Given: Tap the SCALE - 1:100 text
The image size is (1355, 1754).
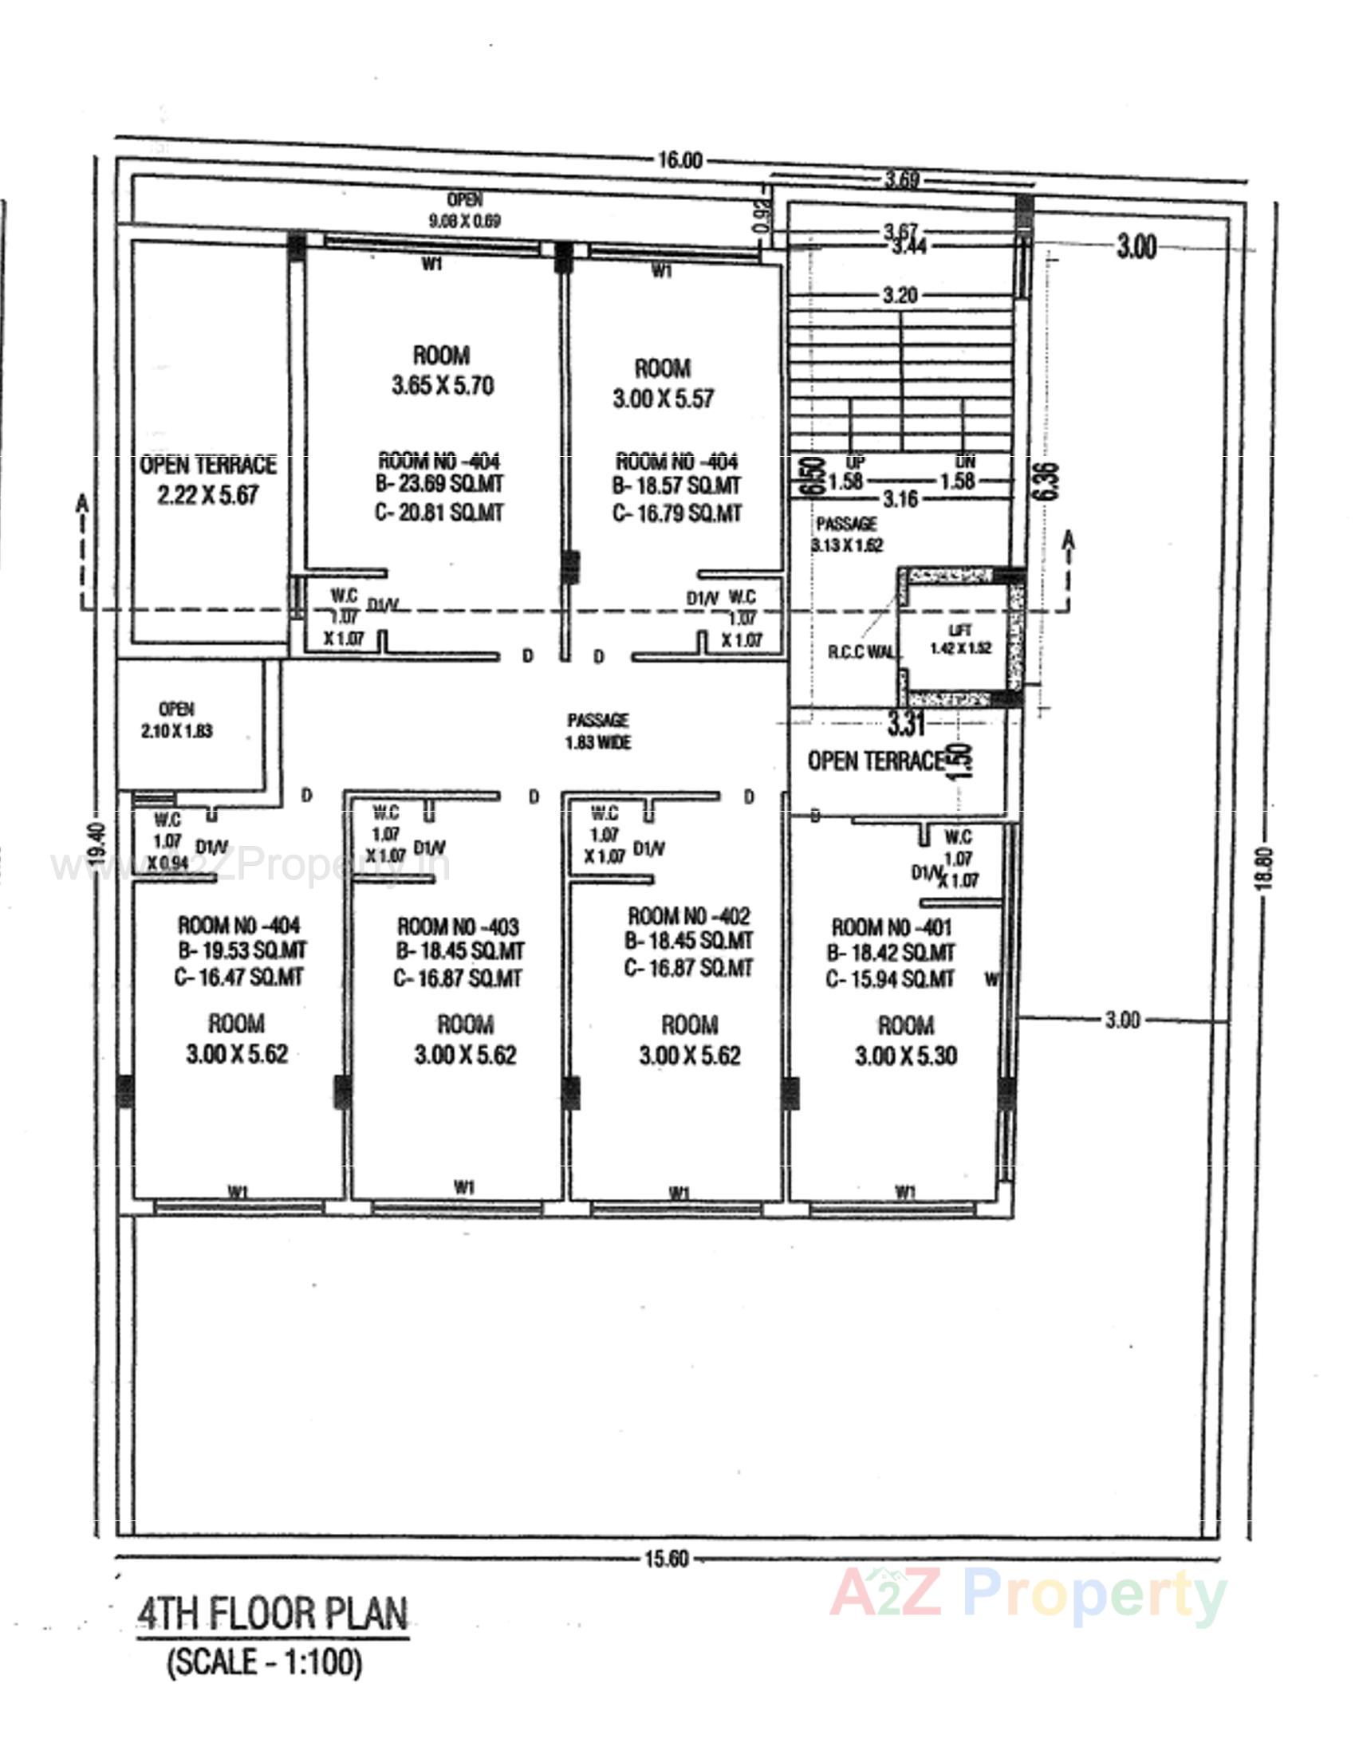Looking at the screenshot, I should pos(264,1661).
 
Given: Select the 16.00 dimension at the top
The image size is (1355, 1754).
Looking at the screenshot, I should pos(679,159).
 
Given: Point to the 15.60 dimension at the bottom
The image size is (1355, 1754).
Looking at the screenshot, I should pos(666,1559).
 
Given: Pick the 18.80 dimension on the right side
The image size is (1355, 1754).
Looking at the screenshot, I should pos(1266,867).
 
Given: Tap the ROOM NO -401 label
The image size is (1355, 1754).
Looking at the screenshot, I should pos(891,927).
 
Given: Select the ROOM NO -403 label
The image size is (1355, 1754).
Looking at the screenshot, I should pos(458,926).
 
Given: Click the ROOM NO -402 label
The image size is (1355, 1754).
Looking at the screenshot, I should pos(688,915).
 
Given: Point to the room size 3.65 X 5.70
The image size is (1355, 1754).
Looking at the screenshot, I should pos(443,387).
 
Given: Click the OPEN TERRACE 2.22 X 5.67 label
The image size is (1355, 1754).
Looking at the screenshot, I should pos(208,479).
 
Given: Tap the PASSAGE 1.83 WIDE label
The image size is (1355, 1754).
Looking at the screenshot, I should pos(597,731).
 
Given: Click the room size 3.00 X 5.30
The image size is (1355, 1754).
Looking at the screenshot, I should pos(905,1056).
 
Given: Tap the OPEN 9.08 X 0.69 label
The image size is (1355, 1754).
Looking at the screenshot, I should pos(465,210).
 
